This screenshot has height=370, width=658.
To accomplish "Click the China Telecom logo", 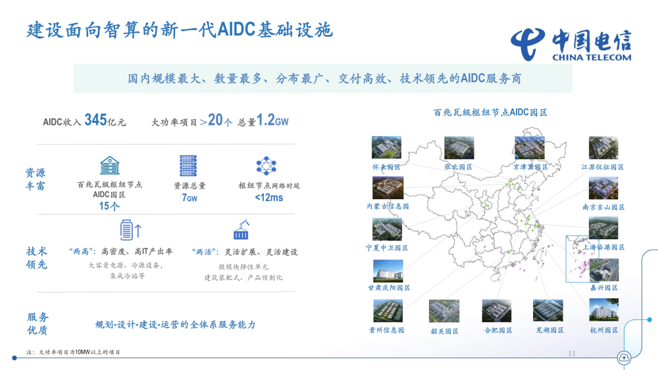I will point(572,43).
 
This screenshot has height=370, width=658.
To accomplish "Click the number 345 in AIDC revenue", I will point(95,120).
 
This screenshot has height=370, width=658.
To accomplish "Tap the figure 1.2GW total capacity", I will point(272,120).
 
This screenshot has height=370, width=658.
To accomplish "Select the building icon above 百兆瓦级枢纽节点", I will point(110,166).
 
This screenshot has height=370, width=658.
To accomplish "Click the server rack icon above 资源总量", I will point(188,166).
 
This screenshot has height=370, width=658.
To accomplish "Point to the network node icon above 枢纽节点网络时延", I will point(267,166).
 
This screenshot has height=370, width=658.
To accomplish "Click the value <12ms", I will point(269,197).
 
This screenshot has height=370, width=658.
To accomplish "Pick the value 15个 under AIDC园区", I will point(109,206).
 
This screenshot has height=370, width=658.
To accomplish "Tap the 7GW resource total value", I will point(189,197).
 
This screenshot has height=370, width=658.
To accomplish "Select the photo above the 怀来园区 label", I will point(386,148).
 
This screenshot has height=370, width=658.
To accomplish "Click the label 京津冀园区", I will point(530,168).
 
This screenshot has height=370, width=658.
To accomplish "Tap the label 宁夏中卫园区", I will point(387,248).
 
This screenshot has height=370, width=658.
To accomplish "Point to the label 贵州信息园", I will point(387,330).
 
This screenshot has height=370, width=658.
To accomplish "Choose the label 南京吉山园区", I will point(603,207).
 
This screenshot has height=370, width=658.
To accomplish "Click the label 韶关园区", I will point(444,331).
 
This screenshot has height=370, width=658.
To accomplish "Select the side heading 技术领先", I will point(37,258).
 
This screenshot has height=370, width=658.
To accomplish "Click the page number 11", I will point(571,354).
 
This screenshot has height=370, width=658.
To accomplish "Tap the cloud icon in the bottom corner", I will point(623,358).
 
